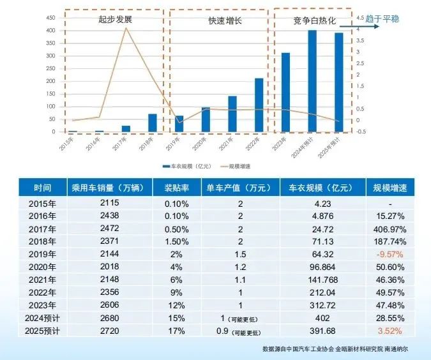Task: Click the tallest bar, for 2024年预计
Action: pyautogui.click(x=312, y=81)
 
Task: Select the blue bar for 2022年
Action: pyautogui.click(x=259, y=105)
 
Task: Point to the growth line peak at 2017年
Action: pyautogui.click(x=126, y=27)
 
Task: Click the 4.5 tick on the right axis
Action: pyautogui.click(x=361, y=18)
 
